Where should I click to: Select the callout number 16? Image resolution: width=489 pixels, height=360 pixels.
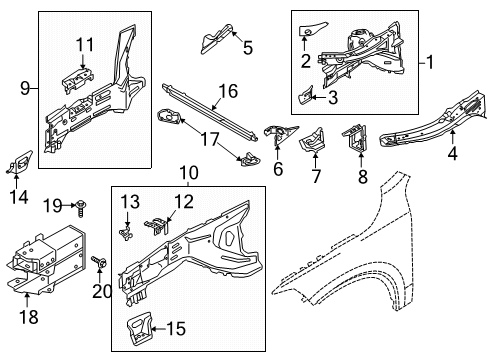pos(229,91)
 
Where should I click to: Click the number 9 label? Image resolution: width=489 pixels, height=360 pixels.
pos(23,88)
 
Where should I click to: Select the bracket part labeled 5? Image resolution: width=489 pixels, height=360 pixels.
pos(212,41)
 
